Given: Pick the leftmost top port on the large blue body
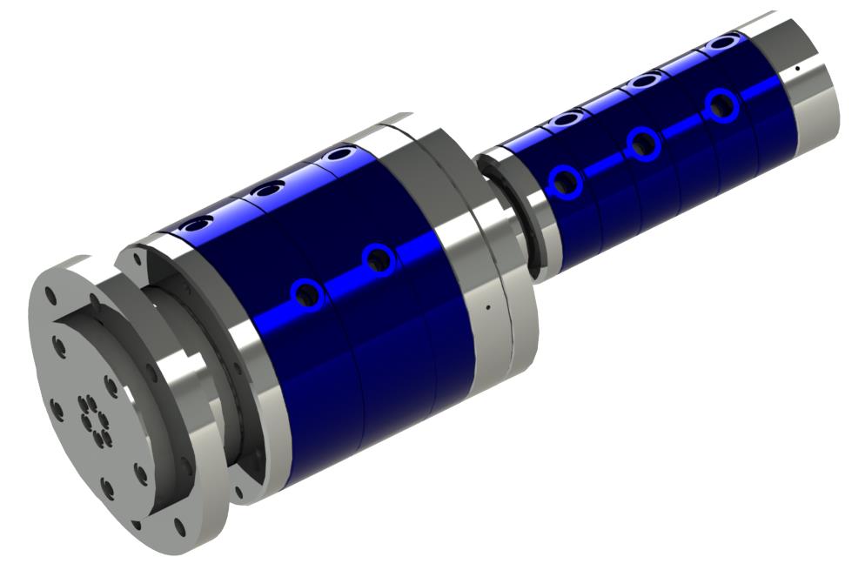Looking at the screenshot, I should coord(198,224).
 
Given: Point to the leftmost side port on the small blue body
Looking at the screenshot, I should coord(566,181).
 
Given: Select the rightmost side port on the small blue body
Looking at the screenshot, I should coord(722,106).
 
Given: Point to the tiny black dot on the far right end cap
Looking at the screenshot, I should coord(797,67).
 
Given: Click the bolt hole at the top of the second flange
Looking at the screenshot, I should coord(133,258).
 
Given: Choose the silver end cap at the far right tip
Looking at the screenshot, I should coord(814,74).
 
